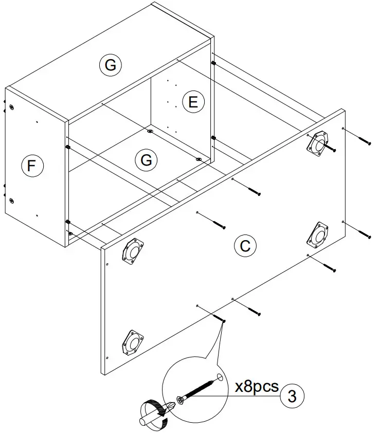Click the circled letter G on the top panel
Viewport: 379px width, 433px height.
click(x=110, y=65)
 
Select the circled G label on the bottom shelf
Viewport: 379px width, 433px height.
click(x=147, y=160)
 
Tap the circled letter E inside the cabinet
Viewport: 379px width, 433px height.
click(x=193, y=102)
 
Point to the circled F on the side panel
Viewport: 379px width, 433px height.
click(x=32, y=166)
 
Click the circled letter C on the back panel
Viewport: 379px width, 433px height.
click(x=245, y=246)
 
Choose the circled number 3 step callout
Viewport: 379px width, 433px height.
click(x=292, y=396)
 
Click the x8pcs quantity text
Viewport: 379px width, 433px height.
click(x=256, y=387)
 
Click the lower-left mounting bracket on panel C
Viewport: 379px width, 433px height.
click(x=132, y=342)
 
